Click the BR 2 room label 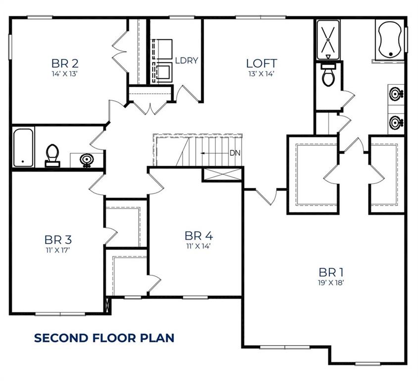65,63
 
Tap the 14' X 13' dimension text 65,74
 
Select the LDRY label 187,61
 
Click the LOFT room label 261,63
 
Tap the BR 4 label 199,235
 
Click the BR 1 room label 331,272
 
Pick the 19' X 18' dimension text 331,283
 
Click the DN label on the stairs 235,153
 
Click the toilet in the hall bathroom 52,155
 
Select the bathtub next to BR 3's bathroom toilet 23,147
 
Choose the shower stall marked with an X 327,39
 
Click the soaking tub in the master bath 391,40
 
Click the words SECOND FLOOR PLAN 104,338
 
